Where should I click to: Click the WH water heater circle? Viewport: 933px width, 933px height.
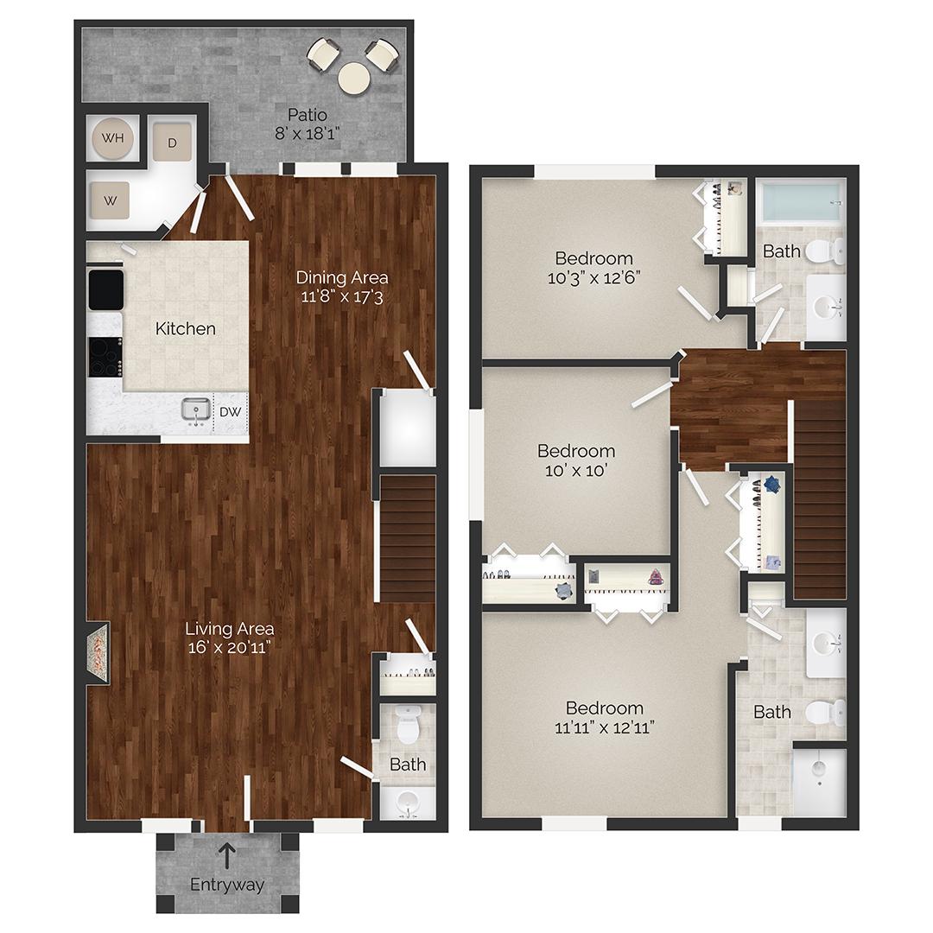[x=112, y=138]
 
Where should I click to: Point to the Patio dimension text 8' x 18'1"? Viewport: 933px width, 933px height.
[x=307, y=133]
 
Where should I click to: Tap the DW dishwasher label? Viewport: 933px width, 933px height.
[x=230, y=412]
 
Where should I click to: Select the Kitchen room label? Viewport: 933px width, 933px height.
[x=185, y=328]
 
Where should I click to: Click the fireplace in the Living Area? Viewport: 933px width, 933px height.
[x=97, y=654]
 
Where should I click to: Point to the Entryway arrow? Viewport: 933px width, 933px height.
[x=226, y=855]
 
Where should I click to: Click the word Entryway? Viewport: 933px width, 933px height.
[x=227, y=885]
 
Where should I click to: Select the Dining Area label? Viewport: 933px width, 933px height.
[x=342, y=277]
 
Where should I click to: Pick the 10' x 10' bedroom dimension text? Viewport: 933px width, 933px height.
[x=575, y=471]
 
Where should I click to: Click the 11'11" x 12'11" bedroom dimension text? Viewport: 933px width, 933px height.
[x=605, y=727]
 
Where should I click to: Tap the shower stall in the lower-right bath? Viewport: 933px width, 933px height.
[x=819, y=781]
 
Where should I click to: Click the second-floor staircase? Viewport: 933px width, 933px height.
[x=818, y=501]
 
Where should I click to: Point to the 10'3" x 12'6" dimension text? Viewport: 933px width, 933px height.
[x=593, y=277]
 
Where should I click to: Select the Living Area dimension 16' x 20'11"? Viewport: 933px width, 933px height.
[x=231, y=648]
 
